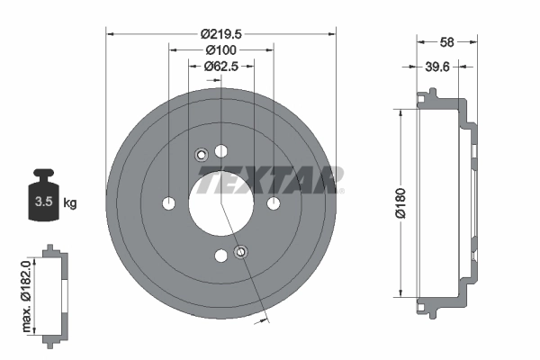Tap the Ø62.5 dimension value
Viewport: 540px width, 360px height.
click(220, 66)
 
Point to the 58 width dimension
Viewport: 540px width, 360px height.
click(447, 41)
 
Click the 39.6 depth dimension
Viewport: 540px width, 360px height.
click(438, 66)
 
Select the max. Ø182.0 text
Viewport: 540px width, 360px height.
click(28, 292)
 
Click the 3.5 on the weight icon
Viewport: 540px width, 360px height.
click(41, 202)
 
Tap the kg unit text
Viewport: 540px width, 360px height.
click(69, 203)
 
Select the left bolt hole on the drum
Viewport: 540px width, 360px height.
click(168, 203)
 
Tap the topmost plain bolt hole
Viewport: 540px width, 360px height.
click(221, 150)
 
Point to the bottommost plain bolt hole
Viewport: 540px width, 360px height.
click(221, 256)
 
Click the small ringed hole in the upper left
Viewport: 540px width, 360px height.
click(201, 153)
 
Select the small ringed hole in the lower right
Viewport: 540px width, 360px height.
click(240, 252)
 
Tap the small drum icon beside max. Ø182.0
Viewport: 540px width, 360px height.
click(53, 292)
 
